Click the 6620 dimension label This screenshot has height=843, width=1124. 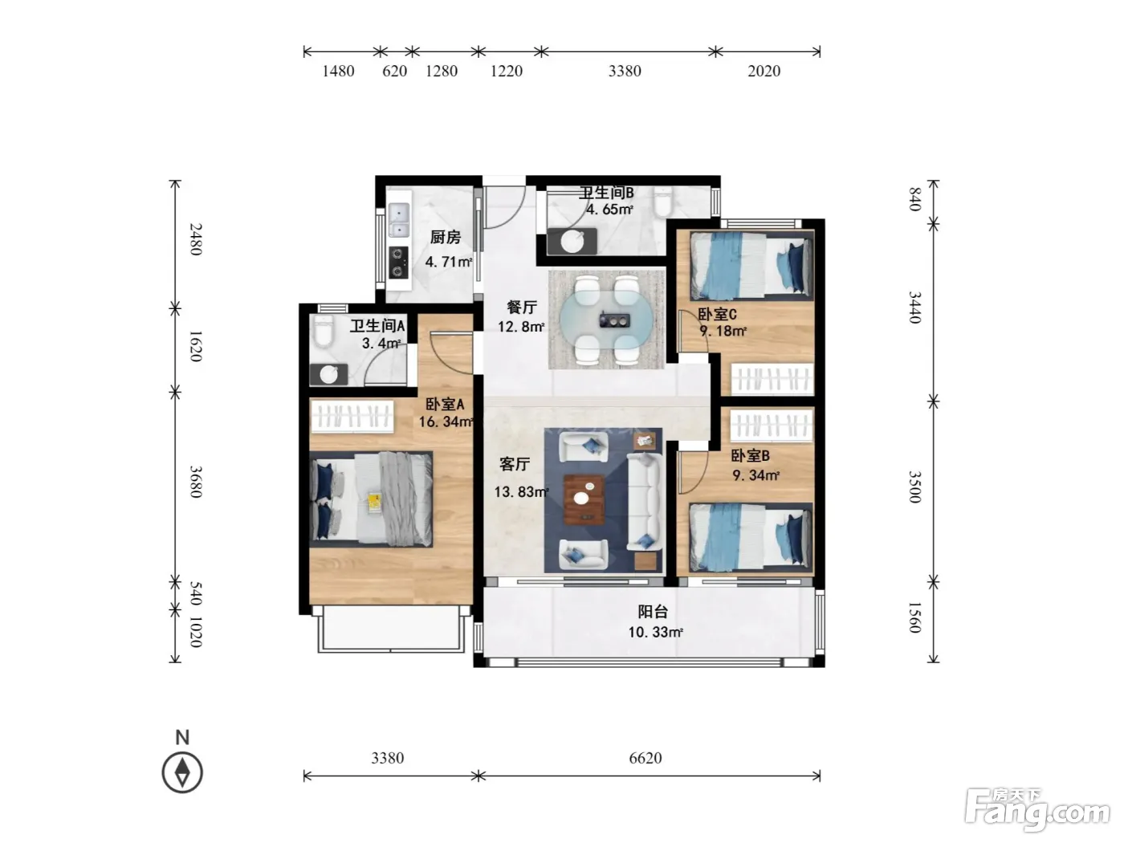click(645, 758)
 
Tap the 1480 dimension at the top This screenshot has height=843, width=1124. click(338, 71)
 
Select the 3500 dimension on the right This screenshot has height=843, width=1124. click(914, 487)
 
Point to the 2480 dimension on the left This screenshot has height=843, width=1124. click(196, 239)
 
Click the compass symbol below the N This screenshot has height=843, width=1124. click(182, 772)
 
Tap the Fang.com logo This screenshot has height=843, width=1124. click(1036, 812)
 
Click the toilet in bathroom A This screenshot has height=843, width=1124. click(323, 331)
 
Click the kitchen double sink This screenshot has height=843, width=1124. click(399, 220)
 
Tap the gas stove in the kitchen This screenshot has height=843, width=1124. click(398, 263)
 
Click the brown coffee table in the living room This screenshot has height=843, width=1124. click(584, 499)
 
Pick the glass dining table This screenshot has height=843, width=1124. click(606, 321)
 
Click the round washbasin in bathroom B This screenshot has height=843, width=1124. click(572, 242)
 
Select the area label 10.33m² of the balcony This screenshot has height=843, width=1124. click(655, 632)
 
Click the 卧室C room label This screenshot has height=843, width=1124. click(717, 314)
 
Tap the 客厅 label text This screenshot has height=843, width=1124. click(515, 464)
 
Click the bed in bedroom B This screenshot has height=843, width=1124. click(750, 537)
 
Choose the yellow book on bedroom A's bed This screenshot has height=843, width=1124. click(374, 500)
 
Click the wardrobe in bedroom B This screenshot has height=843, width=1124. click(772, 425)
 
